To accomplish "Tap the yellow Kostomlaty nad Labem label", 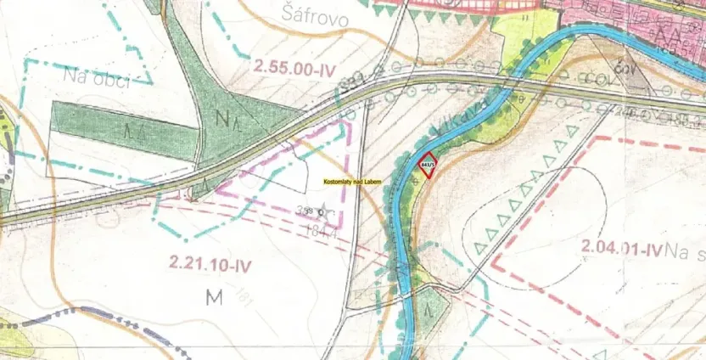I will (x=352, y=182).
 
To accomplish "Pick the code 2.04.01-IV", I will (x=622, y=249).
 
